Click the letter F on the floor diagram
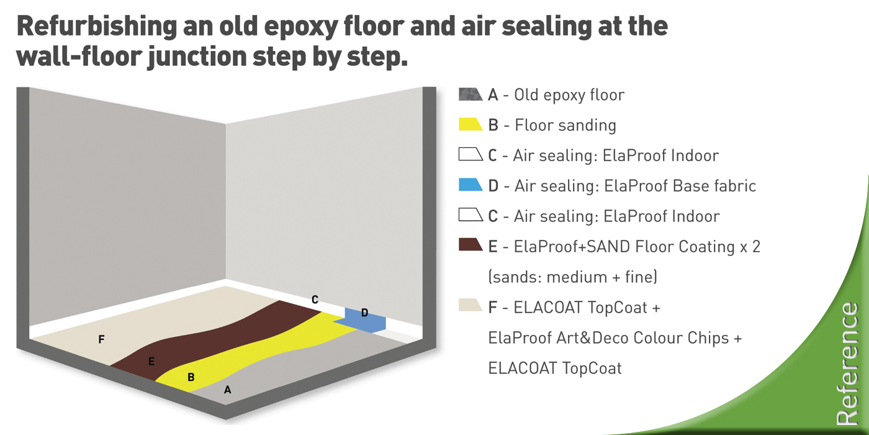101,339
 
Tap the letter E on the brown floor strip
151,362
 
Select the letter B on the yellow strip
191,377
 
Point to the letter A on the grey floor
228,390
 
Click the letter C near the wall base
315,300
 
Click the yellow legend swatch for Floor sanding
471,124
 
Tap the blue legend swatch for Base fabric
471,185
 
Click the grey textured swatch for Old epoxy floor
471,94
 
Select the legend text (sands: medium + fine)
572,277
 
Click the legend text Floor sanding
565,125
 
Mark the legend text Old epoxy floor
569,95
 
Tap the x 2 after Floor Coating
750,247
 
